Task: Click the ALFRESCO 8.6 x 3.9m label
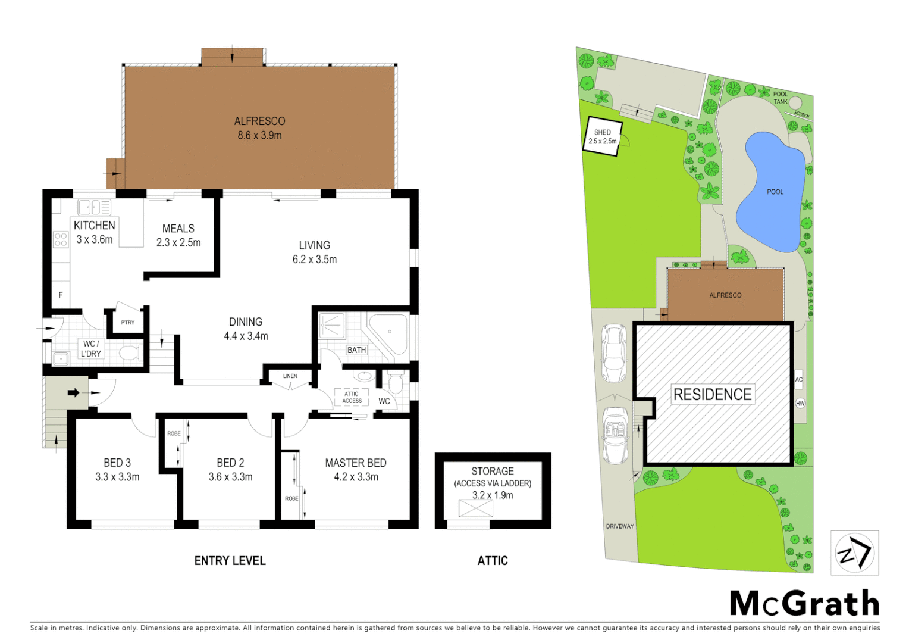click(x=259, y=128)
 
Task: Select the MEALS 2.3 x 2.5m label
click(x=178, y=235)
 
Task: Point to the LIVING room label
click(x=314, y=252)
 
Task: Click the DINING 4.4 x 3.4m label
click(x=246, y=329)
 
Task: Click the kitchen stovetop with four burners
click(x=61, y=239)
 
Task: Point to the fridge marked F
click(x=60, y=295)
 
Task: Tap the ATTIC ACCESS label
click(x=352, y=397)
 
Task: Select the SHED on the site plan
click(x=602, y=137)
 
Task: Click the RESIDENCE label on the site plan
click(x=712, y=394)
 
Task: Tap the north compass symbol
click(x=854, y=553)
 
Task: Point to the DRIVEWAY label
click(x=620, y=526)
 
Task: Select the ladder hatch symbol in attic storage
click(x=476, y=508)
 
